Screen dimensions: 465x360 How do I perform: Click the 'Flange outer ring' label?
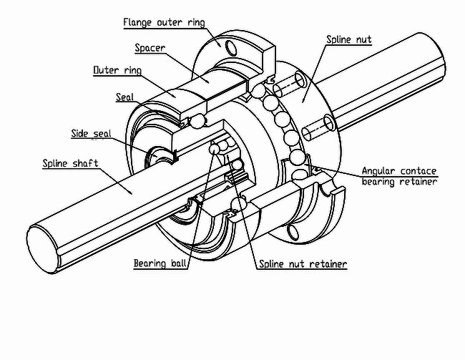click(164, 23)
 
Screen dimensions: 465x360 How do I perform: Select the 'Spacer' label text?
click(150, 48)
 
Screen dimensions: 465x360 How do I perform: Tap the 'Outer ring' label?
click(117, 70)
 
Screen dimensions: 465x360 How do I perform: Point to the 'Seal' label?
click(124, 97)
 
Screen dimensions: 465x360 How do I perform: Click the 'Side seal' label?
click(91, 134)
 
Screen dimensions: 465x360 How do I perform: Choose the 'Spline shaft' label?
click(70, 163)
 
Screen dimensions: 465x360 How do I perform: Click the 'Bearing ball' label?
click(160, 263)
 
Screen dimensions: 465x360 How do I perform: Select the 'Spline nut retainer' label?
click(303, 264)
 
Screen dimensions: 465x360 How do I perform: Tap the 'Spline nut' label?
click(349, 39)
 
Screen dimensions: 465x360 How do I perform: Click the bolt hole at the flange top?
click(231, 47)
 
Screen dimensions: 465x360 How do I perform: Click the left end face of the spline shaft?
click(42, 249)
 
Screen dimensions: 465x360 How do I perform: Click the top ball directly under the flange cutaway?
click(258, 90)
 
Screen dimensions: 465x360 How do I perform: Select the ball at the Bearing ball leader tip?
click(214, 148)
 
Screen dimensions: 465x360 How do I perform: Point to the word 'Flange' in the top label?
click(137, 23)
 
